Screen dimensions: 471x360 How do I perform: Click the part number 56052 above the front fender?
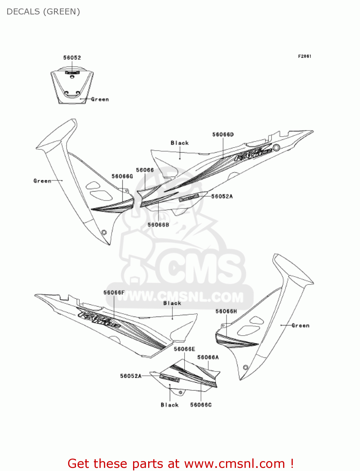click(x=72, y=57)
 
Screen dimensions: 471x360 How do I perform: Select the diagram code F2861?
click(x=304, y=56)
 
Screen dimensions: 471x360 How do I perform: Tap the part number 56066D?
click(x=223, y=134)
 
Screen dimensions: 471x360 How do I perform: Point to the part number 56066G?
click(x=122, y=176)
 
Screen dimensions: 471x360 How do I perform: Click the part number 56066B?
click(x=158, y=225)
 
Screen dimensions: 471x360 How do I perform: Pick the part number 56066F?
click(x=114, y=292)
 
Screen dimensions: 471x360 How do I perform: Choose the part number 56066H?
click(x=226, y=311)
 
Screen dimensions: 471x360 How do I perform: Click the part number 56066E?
click(x=184, y=349)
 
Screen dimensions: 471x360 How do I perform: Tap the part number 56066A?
click(x=208, y=357)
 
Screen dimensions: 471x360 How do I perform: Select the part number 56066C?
click(x=201, y=405)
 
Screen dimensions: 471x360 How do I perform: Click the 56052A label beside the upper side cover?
click(x=222, y=196)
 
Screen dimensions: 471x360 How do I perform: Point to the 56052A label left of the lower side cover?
click(x=131, y=376)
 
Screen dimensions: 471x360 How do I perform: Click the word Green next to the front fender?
click(x=100, y=99)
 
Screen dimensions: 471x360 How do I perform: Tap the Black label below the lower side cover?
click(x=169, y=405)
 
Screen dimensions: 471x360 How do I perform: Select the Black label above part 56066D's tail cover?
click(x=180, y=143)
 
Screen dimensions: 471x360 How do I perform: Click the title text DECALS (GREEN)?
click(x=43, y=12)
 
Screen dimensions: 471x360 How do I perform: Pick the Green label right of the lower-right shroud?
click(x=300, y=325)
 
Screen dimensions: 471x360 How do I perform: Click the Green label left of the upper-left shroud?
click(x=42, y=181)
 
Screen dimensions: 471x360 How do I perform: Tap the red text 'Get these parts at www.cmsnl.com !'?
click(x=180, y=463)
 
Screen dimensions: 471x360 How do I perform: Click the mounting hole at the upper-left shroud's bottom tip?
click(x=104, y=233)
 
